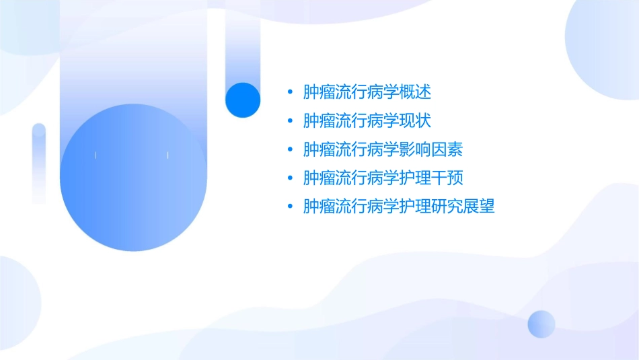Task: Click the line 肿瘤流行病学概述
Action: (367, 92)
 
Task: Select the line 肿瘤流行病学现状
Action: (367, 120)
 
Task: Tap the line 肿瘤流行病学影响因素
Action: (383, 149)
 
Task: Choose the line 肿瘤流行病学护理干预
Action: (383, 178)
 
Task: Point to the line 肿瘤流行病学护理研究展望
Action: (399, 207)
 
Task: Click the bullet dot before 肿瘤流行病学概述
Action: (289, 92)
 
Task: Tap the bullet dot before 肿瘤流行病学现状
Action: (289, 120)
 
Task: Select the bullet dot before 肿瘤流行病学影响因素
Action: (289, 149)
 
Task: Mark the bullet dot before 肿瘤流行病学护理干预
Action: (289, 178)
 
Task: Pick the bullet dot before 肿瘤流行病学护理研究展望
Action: (289, 207)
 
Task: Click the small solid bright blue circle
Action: (243, 100)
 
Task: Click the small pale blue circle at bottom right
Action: (541, 324)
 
